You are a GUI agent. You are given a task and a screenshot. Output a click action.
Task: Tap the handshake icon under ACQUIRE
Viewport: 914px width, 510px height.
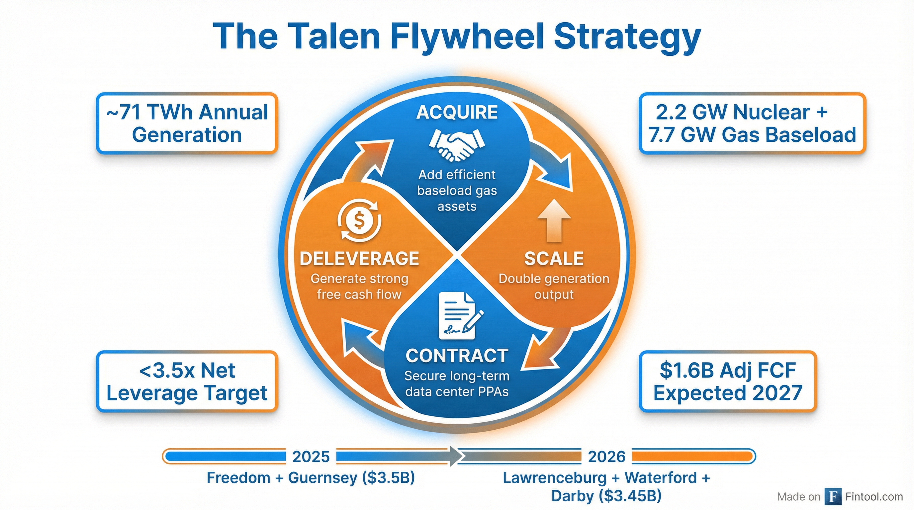tap(457, 144)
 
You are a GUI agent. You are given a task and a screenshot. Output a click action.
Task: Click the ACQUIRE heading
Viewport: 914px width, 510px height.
tap(457, 113)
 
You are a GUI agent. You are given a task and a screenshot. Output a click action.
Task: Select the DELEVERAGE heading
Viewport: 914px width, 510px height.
tap(359, 258)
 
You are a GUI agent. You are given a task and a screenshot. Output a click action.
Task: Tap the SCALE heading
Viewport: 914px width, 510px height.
tap(554, 258)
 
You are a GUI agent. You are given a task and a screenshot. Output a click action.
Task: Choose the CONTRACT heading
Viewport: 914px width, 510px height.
tap(457, 356)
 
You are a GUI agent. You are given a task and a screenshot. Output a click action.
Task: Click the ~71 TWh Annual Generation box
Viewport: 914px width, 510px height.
tap(187, 124)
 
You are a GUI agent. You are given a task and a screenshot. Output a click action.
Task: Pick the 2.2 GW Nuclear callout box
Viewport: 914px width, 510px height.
tap(752, 124)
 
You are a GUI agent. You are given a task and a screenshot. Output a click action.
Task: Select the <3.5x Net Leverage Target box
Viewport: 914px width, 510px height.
tap(187, 382)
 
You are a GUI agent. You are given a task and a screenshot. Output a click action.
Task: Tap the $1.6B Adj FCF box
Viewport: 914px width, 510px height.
tap(728, 382)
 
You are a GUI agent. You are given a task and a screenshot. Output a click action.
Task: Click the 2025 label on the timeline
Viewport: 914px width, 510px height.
tap(311, 457)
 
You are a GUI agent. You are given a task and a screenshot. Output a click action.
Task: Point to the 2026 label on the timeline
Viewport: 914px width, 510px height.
tap(606, 457)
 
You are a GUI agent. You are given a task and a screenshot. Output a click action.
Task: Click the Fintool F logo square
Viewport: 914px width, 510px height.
tap(833, 497)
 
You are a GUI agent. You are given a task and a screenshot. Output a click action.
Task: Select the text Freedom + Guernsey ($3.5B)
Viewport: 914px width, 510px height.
tap(311, 478)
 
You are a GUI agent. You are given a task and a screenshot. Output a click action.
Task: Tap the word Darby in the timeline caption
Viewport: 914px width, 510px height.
tap(572, 496)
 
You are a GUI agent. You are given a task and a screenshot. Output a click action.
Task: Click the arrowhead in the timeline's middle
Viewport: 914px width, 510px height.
tap(455, 456)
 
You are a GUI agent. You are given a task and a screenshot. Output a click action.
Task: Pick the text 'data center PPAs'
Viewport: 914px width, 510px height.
tap(457, 391)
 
